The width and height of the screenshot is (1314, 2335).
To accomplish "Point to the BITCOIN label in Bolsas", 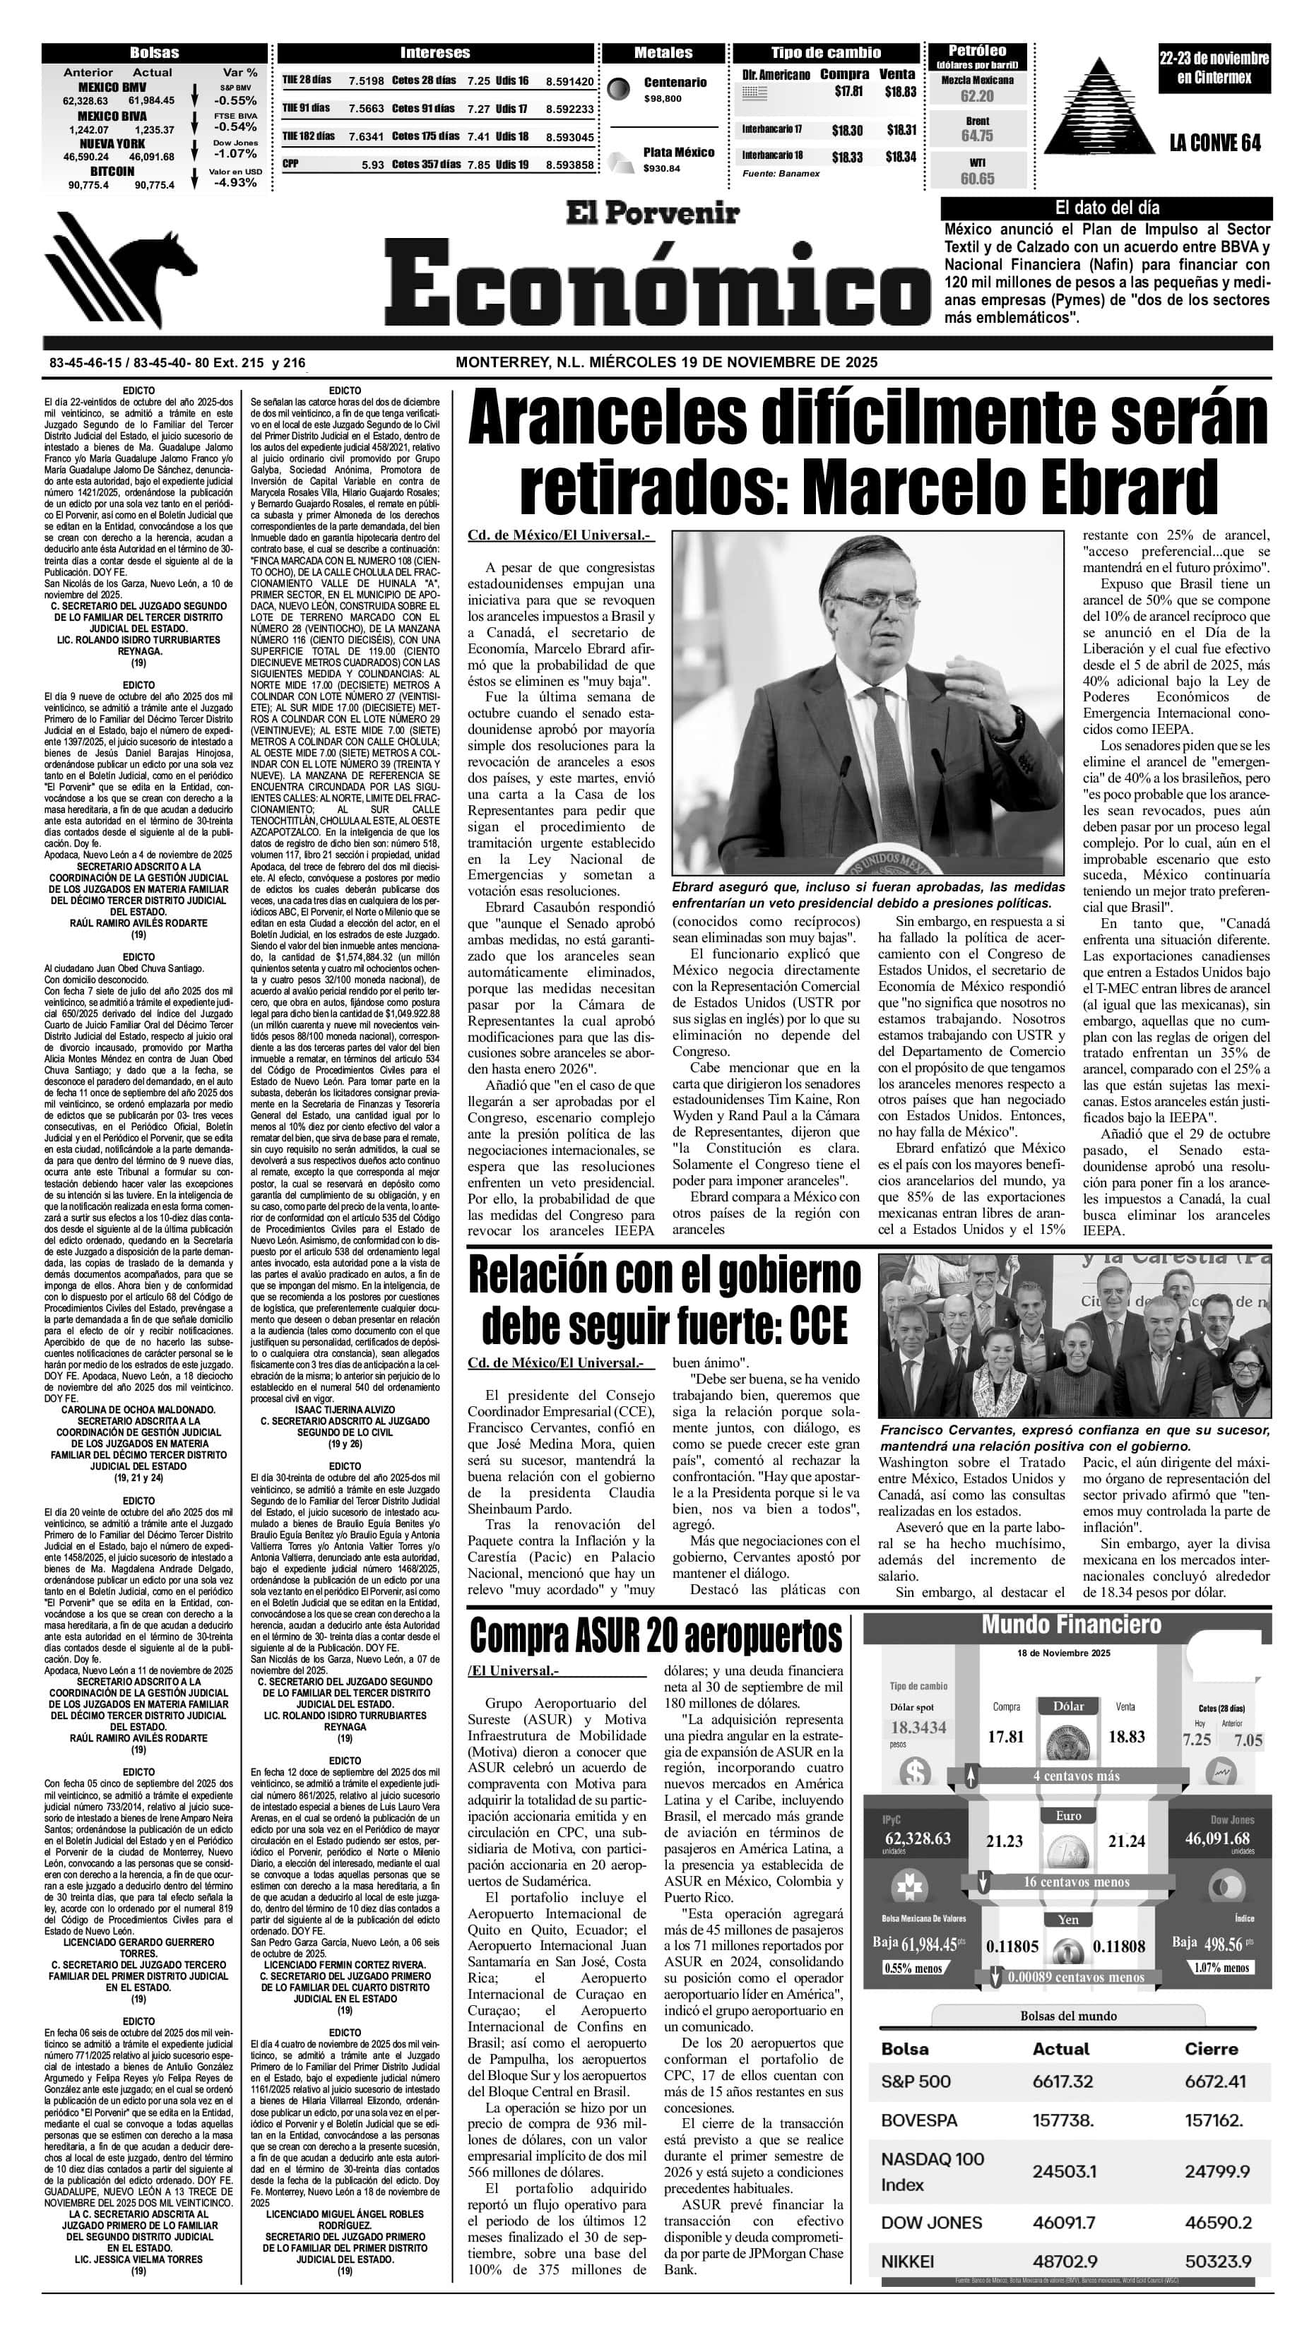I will click(x=112, y=170).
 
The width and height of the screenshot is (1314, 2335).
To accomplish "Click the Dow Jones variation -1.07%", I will click(x=235, y=153).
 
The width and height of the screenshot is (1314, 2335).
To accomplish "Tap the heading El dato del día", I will click(x=1106, y=208).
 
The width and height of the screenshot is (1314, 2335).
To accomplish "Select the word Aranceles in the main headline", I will click(x=627, y=418).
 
